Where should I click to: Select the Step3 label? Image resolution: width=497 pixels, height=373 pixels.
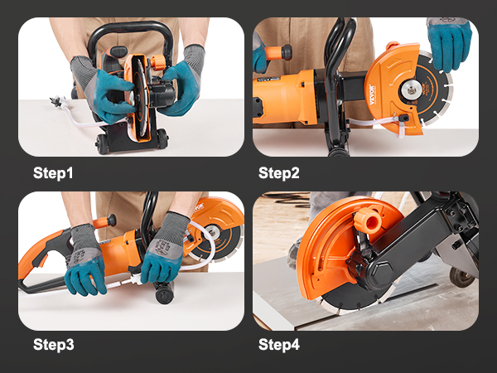53,343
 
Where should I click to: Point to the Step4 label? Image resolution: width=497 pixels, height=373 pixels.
278,343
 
